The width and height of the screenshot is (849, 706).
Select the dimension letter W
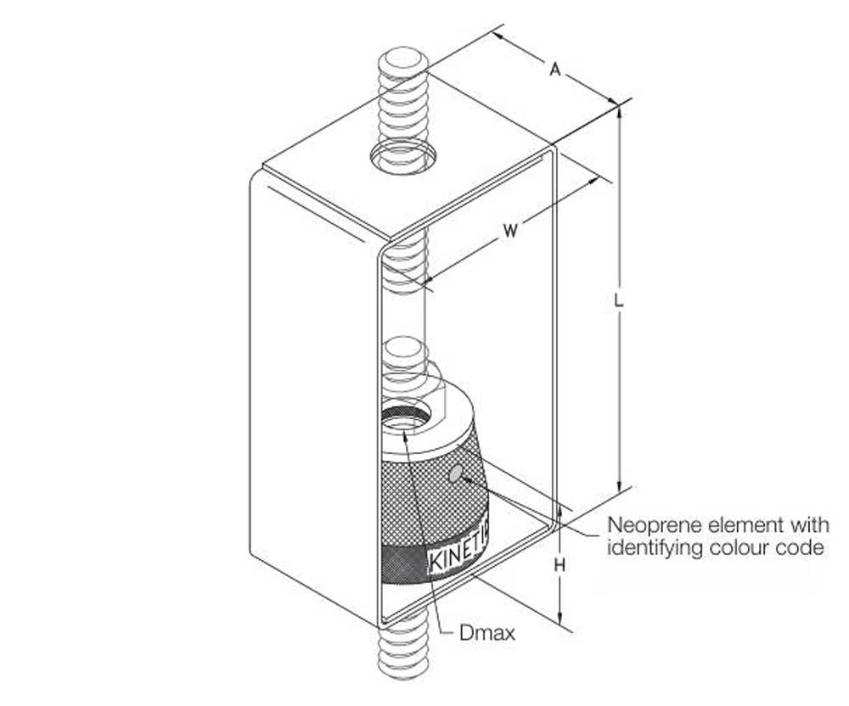[x=509, y=229]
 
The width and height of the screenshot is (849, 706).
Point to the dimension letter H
[x=560, y=563]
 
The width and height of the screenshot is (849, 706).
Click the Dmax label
[x=486, y=633]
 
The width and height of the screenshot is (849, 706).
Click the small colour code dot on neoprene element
[x=457, y=473]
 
